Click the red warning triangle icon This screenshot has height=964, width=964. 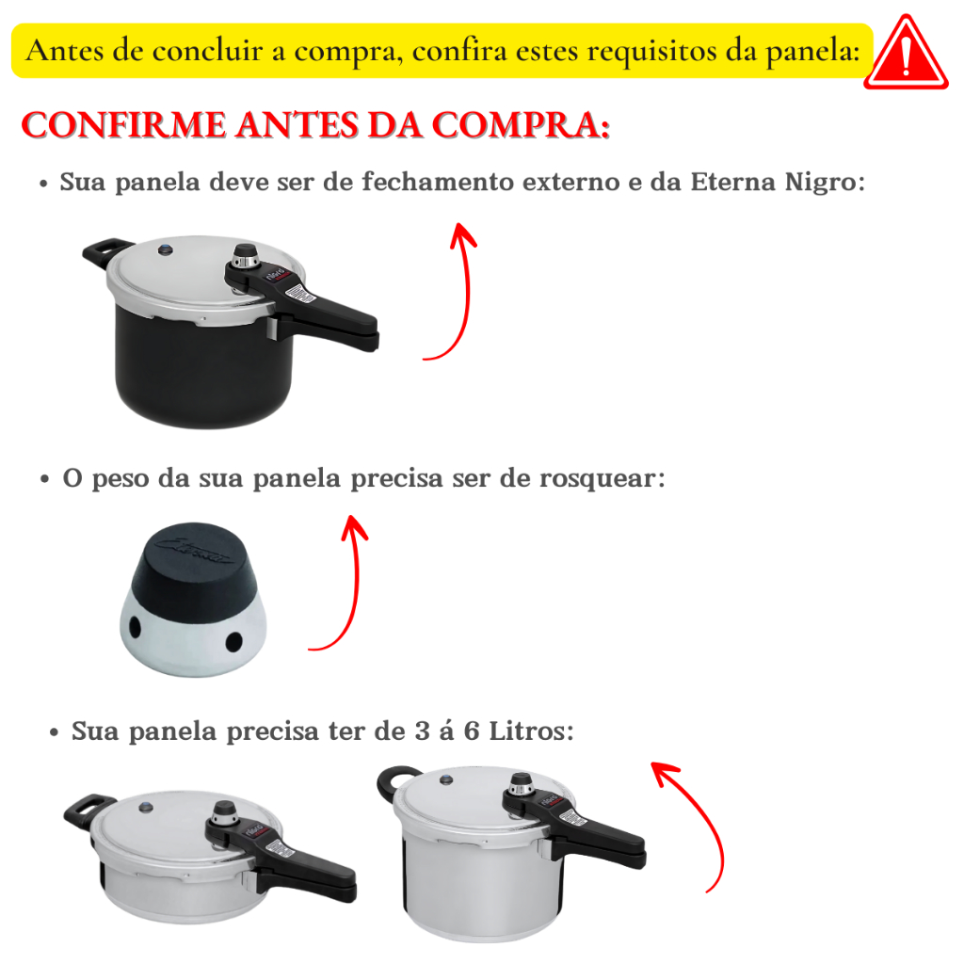tap(906, 54)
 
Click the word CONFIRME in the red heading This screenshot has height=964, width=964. tap(123, 125)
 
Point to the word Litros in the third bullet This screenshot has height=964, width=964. tap(531, 731)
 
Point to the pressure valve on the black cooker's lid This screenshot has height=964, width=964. tap(246, 258)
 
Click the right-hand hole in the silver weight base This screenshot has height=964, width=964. tap(234, 642)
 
